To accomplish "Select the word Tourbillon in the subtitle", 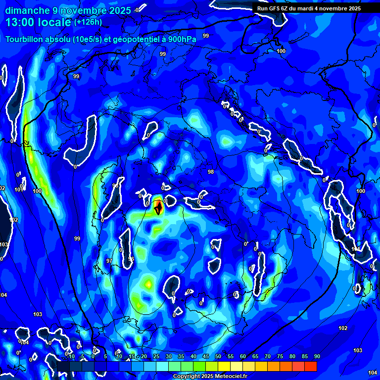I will [x=25, y=40].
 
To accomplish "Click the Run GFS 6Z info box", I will [x=309, y=8].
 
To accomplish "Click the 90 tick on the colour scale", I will [x=317, y=356].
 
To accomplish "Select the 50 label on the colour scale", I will [x=218, y=356].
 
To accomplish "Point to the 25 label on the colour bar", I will [x=156, y=356].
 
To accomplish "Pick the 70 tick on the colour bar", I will [x=267, y=356].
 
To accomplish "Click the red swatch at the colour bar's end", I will [x=311, y=366].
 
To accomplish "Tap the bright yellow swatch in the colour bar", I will [x=224, y=366].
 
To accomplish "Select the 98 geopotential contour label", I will [x=211, y=172].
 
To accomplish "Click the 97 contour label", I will [x=109, y=261].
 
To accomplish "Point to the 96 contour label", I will [x=131, y=259].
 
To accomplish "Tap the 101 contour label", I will [x=18, y=190].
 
